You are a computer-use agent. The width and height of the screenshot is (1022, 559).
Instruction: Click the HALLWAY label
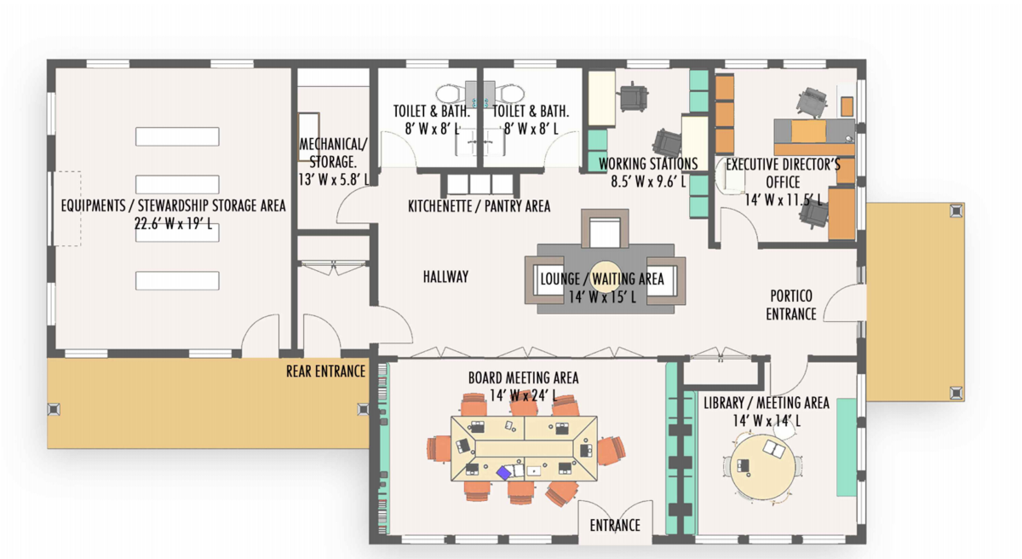tap(445, 277)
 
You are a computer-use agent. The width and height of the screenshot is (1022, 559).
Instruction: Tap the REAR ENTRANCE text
tap(325, 372)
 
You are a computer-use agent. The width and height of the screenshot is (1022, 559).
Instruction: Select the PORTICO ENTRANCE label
tap(791, 305)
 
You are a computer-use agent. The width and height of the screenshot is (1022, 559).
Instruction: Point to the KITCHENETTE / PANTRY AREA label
tap(479, 206)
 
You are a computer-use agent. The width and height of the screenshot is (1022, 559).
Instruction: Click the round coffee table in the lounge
tap(605, 276)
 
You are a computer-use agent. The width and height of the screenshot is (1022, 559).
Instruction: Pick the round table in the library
tap(762, 467)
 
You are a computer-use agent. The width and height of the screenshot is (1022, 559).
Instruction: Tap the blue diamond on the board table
tap(503, 473)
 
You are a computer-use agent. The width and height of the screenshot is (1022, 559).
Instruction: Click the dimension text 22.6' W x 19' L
tap(174, 223)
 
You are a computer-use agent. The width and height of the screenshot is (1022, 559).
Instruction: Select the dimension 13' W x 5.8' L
tap(333, 180)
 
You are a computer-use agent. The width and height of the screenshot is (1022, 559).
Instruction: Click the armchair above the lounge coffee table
tap(605, 228)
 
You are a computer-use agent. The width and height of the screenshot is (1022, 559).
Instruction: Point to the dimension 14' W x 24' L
tap(523, 395)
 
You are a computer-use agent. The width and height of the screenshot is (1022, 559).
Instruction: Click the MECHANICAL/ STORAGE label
tap(333, 153)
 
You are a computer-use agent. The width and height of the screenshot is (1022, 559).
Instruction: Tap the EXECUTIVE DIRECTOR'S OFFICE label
tap(783, 173)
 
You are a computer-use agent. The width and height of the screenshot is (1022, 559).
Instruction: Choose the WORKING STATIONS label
tap(648, 164)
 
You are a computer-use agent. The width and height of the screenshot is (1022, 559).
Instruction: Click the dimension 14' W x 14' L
tap(766, 420)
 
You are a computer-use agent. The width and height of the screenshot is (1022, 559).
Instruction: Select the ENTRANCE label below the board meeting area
tap(615, 526)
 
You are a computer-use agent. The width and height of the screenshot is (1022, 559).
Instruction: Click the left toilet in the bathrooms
tap(451, 94)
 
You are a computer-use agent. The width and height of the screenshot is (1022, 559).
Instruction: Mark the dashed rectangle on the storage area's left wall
tap(67, 209)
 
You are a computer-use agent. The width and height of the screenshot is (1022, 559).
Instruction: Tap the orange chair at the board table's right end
tap(611, 451)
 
